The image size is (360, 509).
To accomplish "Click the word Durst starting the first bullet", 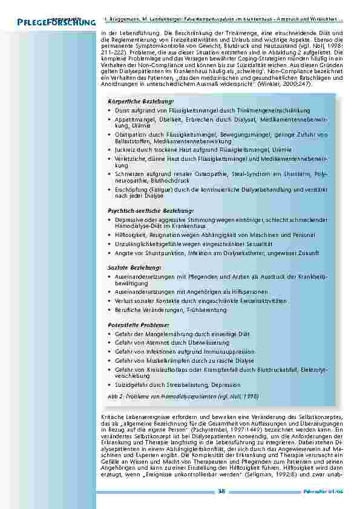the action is tap(122, 111).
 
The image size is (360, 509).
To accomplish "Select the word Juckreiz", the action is tap(124, 149).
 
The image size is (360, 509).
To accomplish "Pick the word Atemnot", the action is tap(153, 342).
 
